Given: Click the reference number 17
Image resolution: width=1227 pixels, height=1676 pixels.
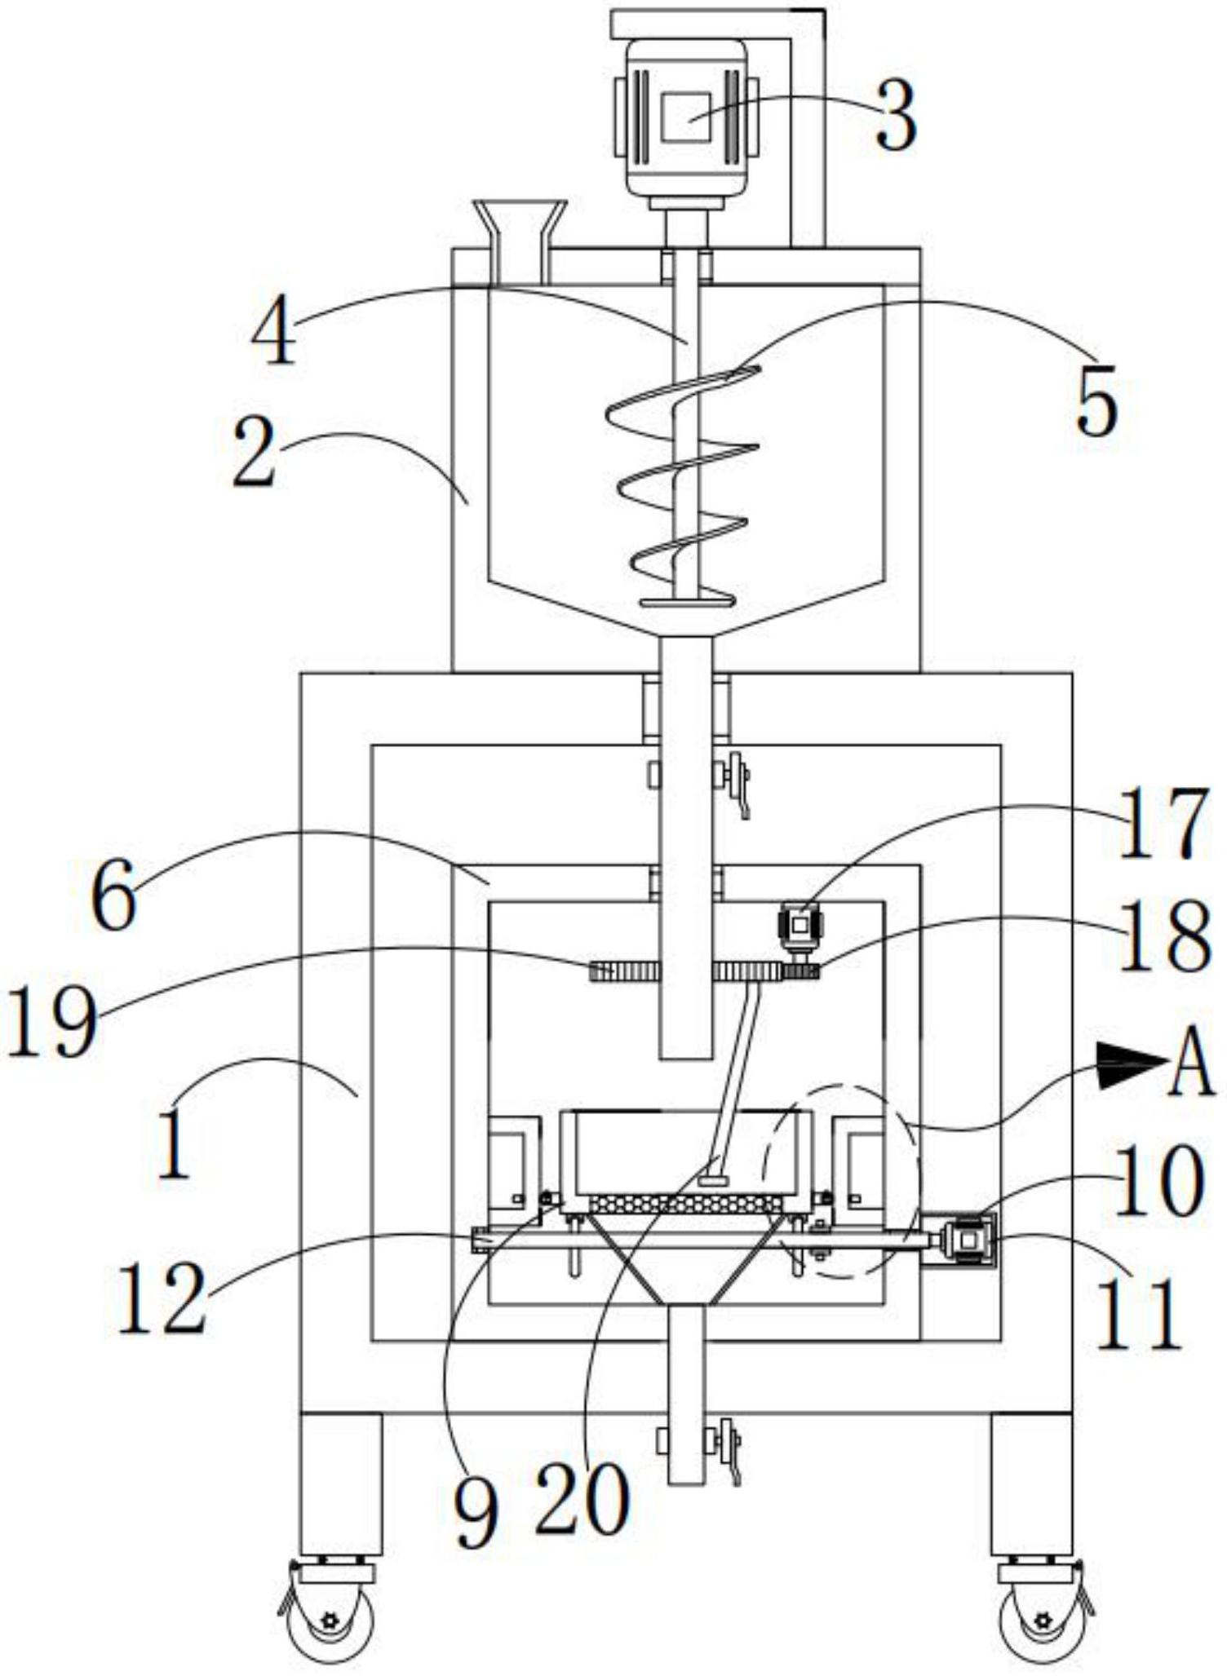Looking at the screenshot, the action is pos(1160,825).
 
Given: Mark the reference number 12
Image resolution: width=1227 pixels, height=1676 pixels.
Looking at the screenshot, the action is pos(161,1296).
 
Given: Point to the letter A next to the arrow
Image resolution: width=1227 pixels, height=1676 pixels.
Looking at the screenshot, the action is pos(1192,1062).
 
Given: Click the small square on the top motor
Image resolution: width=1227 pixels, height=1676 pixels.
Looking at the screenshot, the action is pos(685,117).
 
